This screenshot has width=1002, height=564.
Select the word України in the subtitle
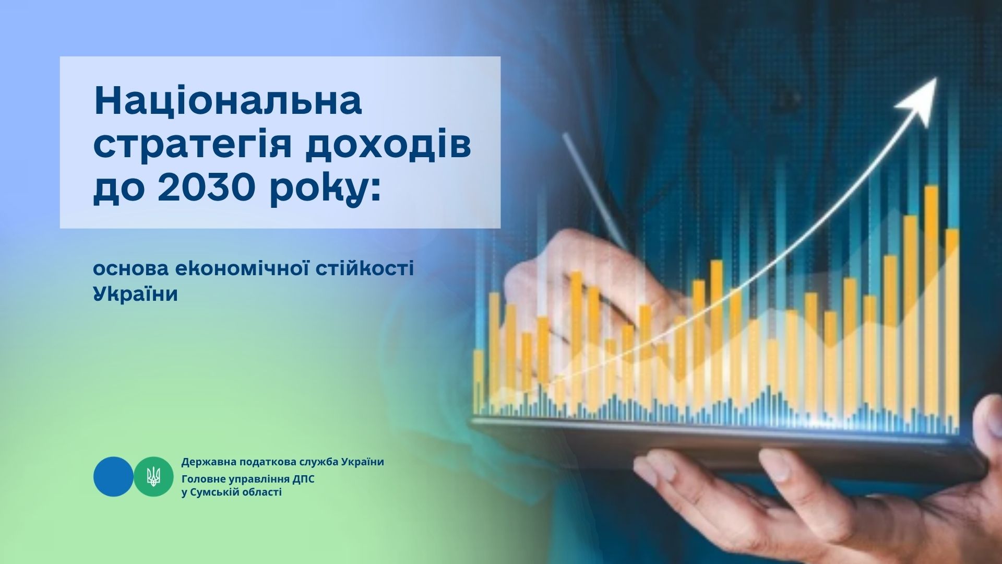[136, 294]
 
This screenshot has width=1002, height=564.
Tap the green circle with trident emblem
[153, 476]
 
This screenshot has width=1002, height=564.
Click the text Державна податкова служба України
[283, 462]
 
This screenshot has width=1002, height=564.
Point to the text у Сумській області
[231, 492]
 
